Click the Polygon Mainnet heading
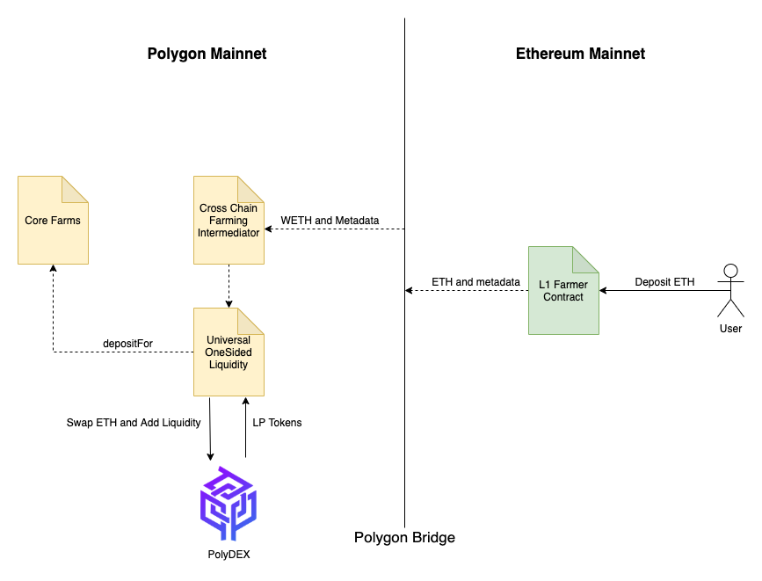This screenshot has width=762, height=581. pos(207,54)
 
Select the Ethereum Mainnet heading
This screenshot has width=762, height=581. pos(580,54)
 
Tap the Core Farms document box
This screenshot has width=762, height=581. pos(53,221)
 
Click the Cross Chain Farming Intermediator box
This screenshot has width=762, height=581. pos(229,221)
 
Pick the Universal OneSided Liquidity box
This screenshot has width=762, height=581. pos(229,352)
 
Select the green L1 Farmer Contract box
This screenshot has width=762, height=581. pos(563,290)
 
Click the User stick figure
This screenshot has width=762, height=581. pos(730,290)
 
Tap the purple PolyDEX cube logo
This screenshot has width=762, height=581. pos(229,503)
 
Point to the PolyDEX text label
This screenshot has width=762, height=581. pos(229,555)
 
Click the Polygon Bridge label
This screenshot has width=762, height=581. pos(404,538)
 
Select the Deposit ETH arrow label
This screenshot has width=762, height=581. pos(664,282)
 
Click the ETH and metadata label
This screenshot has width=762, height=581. pos(475,282)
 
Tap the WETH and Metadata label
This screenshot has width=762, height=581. pos(330,221)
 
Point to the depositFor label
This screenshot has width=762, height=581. pos(127,344)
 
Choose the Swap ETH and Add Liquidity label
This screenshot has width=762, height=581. pos(134,423)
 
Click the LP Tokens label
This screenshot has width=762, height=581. pos(277,423)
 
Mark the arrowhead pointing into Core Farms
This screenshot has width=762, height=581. pos(53,268)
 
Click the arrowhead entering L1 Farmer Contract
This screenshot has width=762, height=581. pos(603,291)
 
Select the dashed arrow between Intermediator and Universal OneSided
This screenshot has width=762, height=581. pos(229,287)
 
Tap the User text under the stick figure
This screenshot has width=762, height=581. pos(730,329)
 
